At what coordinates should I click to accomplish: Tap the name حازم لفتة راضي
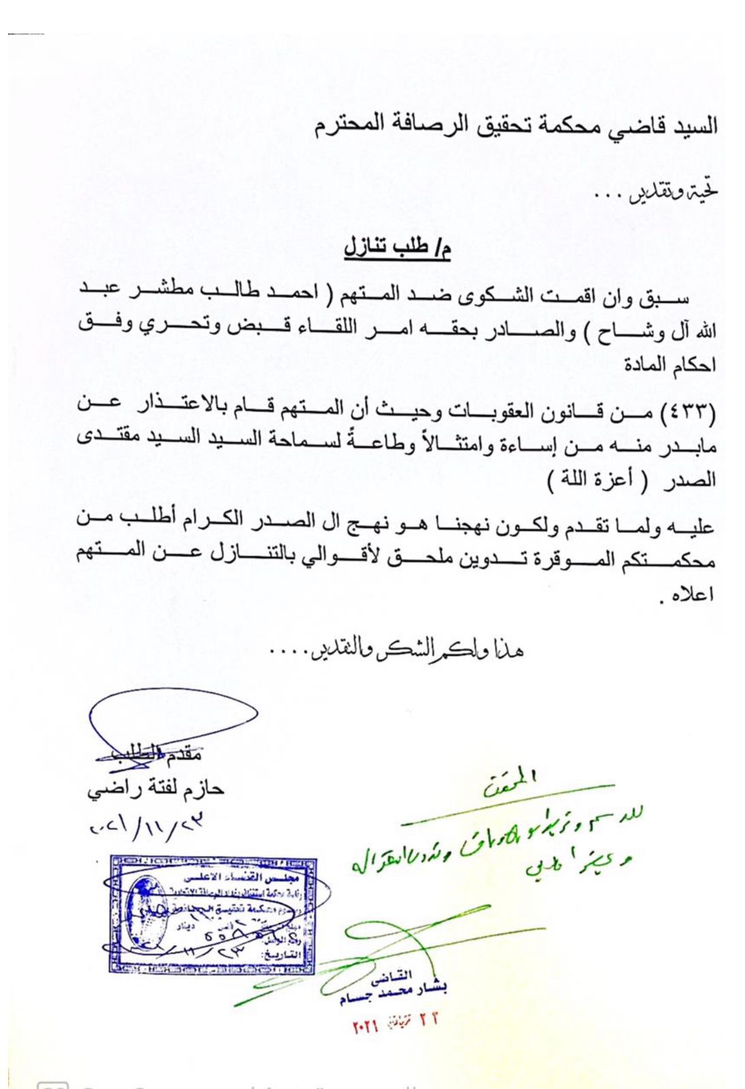[x=155, y=789]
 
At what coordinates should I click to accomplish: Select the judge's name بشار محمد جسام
[x=393, y=993]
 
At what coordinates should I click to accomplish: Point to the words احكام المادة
[x=670, y=365]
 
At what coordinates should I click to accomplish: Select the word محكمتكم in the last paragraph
[x=667, y=562]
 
